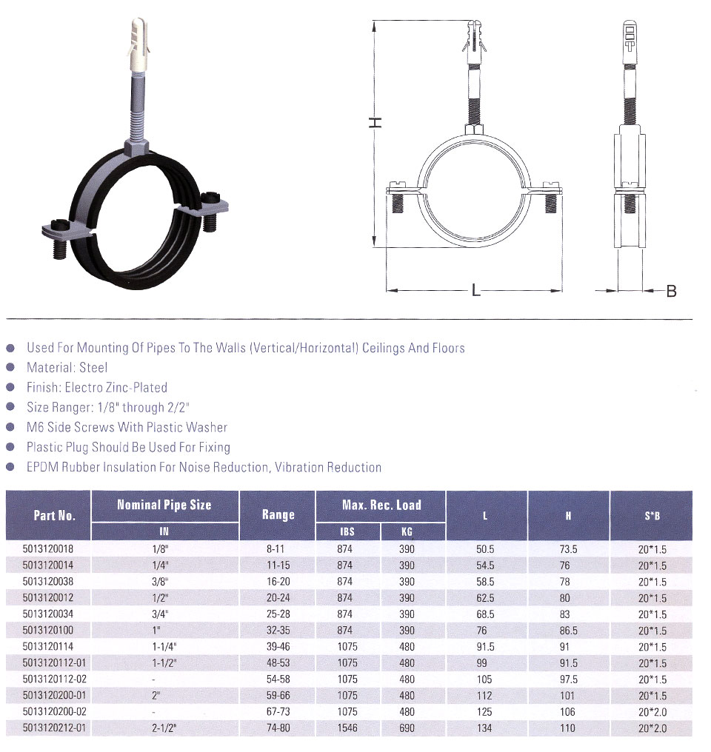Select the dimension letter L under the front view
(475, 290)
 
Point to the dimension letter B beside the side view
(671, 291)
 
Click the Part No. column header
(55, 516)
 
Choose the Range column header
(278, 515)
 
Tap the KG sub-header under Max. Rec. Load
(407, 531)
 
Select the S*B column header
(652, 516)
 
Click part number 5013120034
(48, 614)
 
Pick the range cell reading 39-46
(278, 646)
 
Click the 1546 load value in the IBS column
(347, 728)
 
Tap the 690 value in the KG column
(407, 728)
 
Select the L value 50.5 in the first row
(485, 549)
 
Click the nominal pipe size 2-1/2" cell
(164, 728)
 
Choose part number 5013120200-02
(54, 712)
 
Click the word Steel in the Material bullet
(93, 368)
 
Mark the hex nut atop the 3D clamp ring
(137, 147)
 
